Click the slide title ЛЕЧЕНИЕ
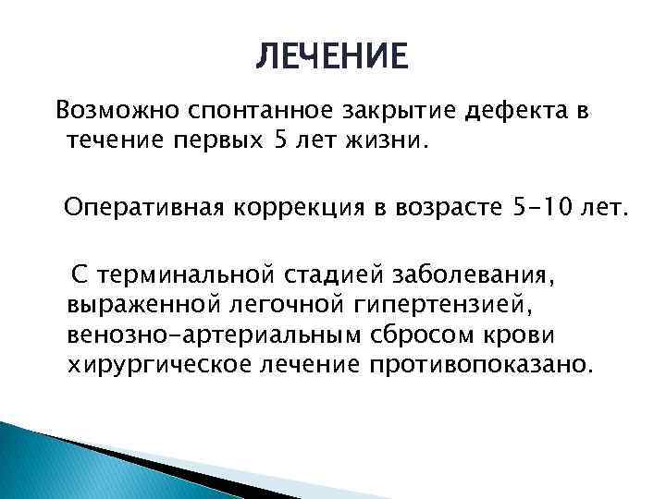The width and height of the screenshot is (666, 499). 330,57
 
